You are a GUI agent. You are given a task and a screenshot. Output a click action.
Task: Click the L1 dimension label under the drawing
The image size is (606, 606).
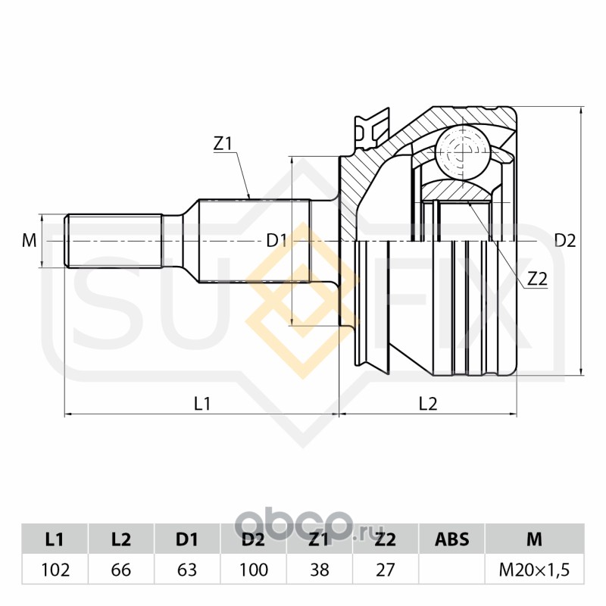(201, 405)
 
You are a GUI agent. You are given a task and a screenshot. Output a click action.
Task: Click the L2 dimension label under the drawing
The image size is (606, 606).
(428, 405)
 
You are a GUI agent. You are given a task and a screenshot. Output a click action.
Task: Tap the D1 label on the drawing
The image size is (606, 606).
(276, 242)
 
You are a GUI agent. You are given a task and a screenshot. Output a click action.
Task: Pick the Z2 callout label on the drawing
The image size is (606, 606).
(536, 278)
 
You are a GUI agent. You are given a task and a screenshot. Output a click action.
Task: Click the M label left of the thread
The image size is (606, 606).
(30, 242)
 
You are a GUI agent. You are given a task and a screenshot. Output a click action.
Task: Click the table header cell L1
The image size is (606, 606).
(55, 539)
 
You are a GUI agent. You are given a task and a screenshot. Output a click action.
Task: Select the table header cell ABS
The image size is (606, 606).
(451, 539)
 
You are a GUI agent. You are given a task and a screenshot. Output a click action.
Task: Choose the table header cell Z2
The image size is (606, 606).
(386, 539)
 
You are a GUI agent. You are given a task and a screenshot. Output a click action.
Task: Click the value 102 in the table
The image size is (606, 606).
(55, 570)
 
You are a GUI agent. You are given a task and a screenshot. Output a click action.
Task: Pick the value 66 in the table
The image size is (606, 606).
(121, 570)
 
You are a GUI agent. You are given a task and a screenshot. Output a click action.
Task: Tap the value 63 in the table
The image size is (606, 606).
(187, 570)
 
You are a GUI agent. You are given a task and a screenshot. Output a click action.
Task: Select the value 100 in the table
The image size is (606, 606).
(253, 570)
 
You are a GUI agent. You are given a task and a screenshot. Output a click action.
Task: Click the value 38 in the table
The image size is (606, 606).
(320, 570)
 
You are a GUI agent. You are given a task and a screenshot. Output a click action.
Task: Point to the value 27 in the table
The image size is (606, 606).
(386, 570)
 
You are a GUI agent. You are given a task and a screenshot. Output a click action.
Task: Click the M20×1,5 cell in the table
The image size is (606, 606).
(534, 570)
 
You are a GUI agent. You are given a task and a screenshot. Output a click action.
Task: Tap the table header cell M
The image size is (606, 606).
(534, 539)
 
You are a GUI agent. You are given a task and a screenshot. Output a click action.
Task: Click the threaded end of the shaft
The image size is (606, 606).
(114, 242)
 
